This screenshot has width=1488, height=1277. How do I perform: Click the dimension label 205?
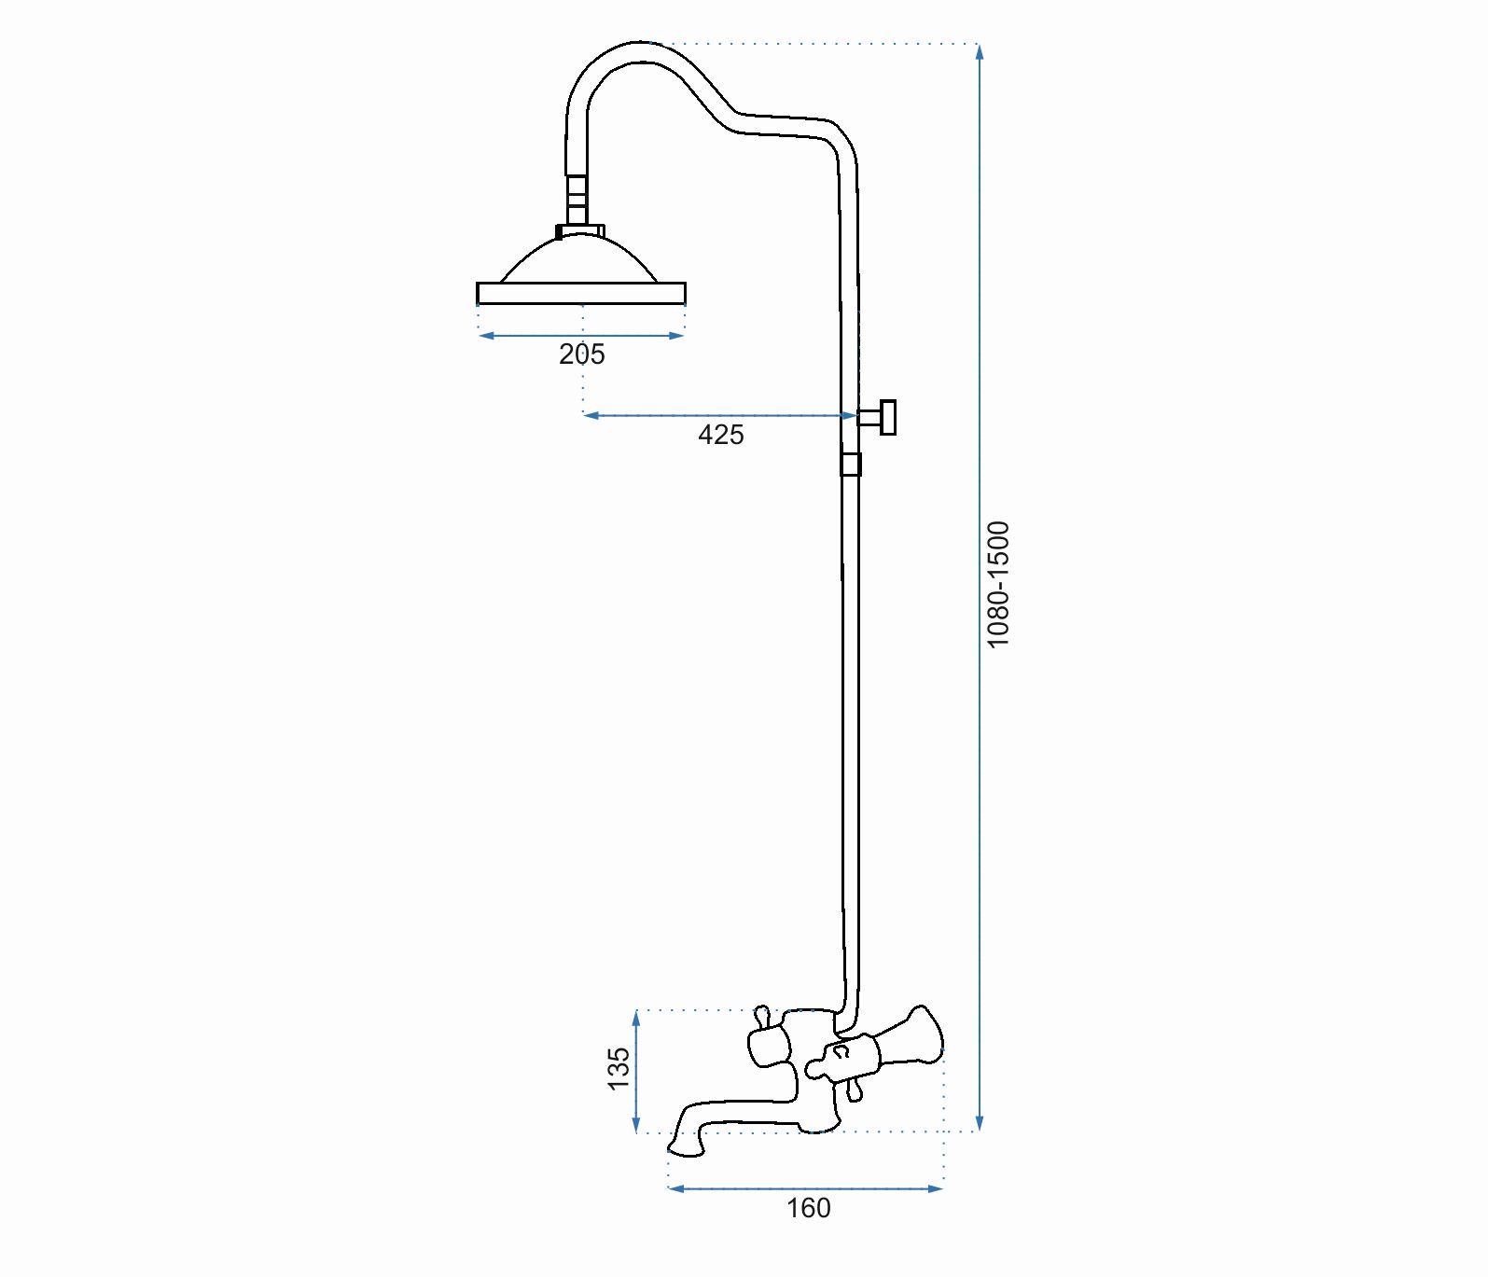pyautogui.click(x=582, y=354)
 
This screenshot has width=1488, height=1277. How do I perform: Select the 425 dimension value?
pyautogui.click(x=721, y=435)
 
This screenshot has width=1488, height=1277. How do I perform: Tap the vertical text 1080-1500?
pyautogui.click(x=998, y=585)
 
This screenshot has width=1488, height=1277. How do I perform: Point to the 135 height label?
pyautogui.click(x=619, y=1069)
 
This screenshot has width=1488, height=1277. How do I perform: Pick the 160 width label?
pyautogui.click(x=808, y=1208)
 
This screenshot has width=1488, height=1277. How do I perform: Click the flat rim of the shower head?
pyautogui.click(x=581, y=293)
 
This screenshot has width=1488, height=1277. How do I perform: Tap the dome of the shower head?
pyautogui.click(x=580, y=260)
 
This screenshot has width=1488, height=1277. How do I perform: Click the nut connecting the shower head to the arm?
pyautogui.click(x=580, y=229)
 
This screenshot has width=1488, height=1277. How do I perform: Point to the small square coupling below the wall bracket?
pyautogui.click(x=850, y=464)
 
